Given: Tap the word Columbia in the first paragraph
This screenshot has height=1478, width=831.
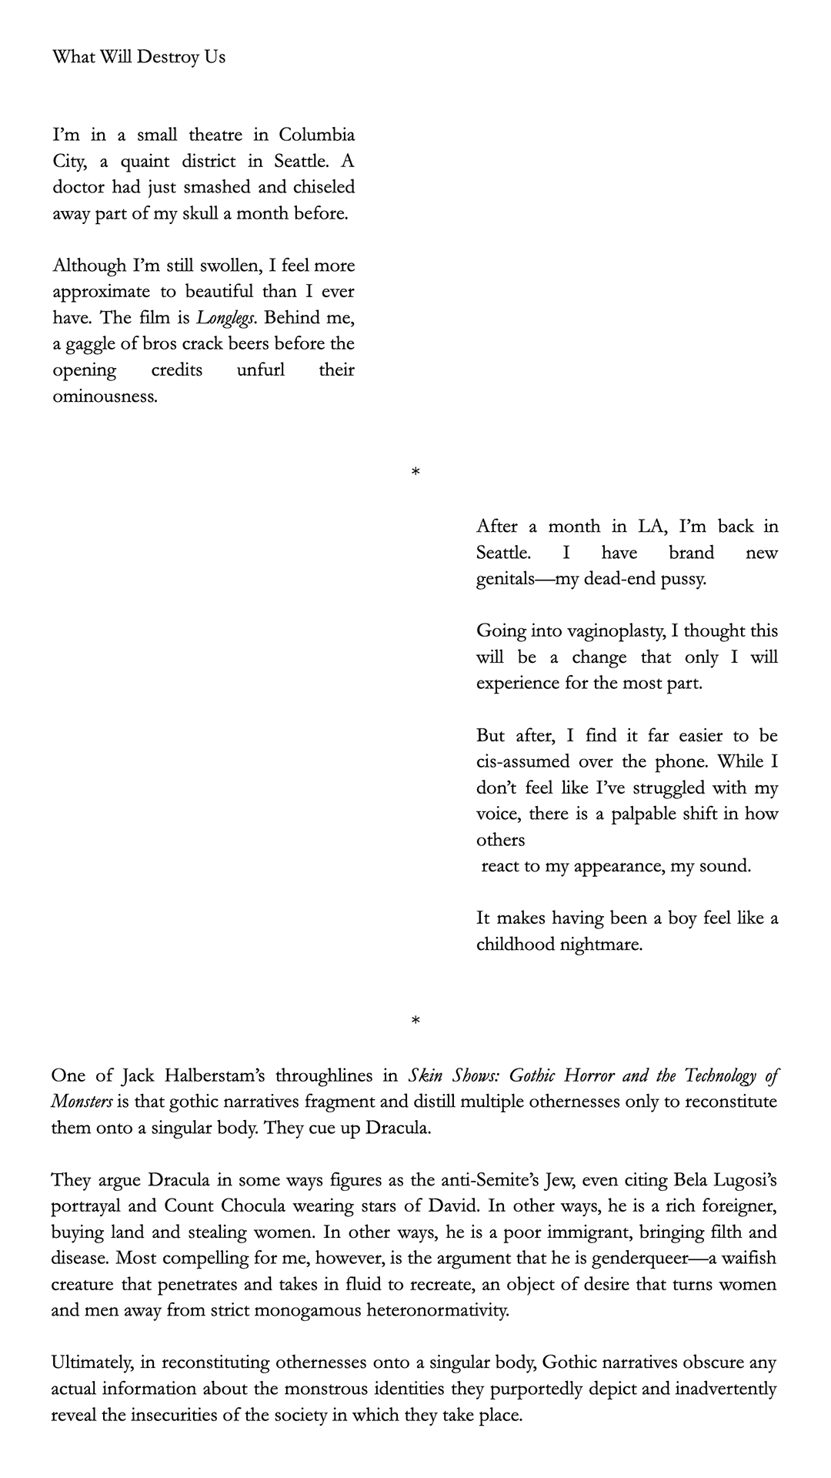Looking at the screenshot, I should tap(316, 135).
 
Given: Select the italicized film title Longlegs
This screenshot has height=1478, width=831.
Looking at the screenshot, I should tap(225, 318).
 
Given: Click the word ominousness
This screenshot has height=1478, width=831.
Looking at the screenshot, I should tap(105, 396).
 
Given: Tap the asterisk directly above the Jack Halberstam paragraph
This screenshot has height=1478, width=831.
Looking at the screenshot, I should tap(415, 1022).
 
